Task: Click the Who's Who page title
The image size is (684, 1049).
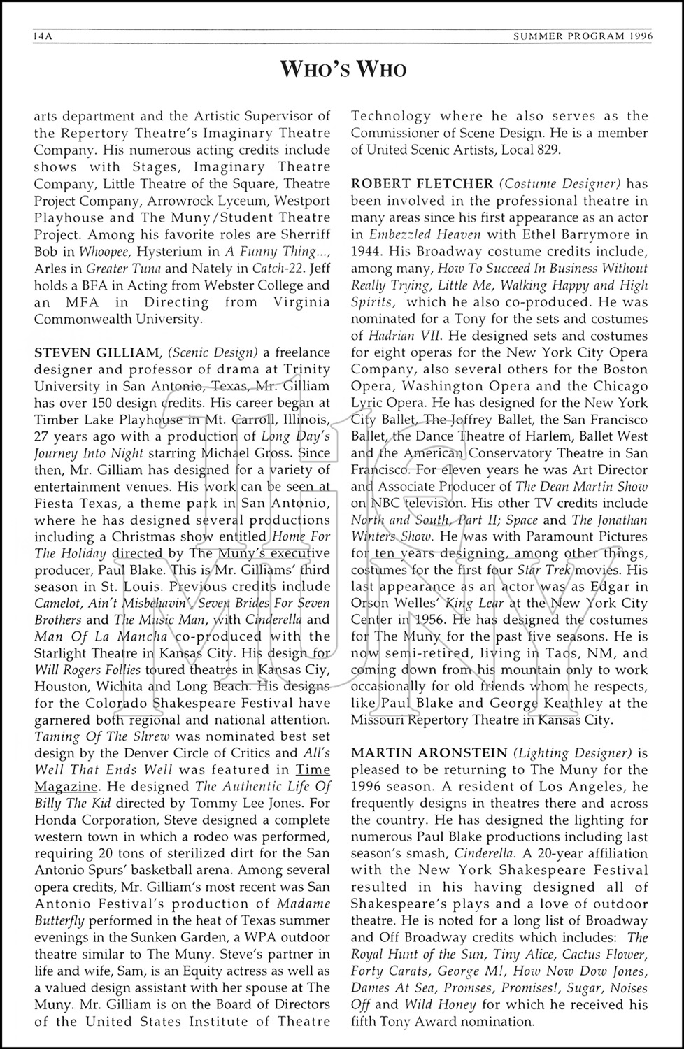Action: click(x=343, y=69)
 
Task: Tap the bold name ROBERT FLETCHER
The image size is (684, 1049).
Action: click(x=422, y=184)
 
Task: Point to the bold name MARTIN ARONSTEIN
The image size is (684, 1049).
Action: click(x=429, y=753)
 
